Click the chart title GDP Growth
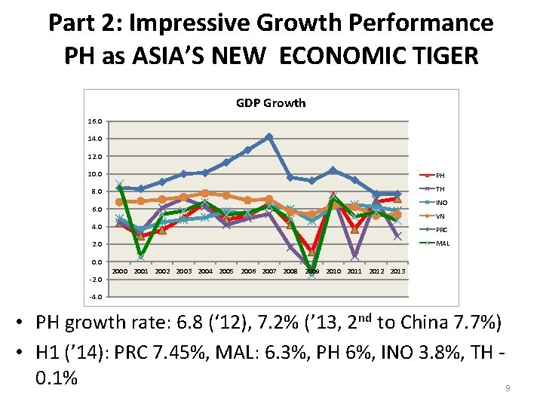(271, 103)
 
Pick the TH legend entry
(441, 189)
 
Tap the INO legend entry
(442, 203)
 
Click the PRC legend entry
(442, 230)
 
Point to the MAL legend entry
(442, 243)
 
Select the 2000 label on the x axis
(120, 271)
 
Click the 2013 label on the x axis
(398, 271)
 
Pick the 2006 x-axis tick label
(248, 271)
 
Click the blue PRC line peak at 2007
(269, 136)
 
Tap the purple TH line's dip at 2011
(354, 256)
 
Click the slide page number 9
(508, 387)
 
